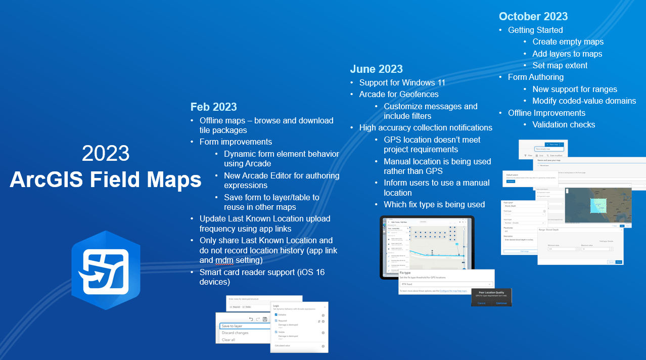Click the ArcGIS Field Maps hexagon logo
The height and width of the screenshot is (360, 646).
(105, 270)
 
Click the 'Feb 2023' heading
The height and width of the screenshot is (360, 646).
(213, 107)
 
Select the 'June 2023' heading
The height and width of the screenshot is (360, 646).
(377, 69)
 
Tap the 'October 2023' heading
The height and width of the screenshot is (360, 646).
(533, 16)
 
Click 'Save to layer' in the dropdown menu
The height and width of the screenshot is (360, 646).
(232, 326)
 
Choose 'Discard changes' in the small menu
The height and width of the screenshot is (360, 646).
(235, 333)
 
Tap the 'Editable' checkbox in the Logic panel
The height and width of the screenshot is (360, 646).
(276, 314)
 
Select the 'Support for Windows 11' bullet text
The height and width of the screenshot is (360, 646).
(403, 82)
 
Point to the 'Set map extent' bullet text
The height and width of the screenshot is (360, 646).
(560, 65)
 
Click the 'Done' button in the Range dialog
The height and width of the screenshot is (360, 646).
(619, 262)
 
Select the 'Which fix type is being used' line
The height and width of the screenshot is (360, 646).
(434, 204)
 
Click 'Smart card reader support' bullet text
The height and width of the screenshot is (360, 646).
(262, 272)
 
